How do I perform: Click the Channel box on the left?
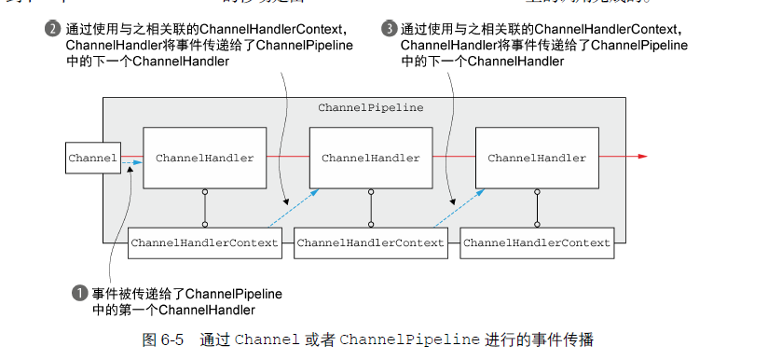pos(92,158)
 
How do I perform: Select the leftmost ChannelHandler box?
pos(204,159)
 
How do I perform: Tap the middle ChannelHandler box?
pos(370,159)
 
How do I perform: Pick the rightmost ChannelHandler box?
pos(537,159)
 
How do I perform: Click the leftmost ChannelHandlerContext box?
pos(204,242)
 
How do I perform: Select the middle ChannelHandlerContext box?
pos(370,242)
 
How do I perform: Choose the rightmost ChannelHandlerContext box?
pos(537,242)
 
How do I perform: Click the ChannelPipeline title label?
pos(370,108)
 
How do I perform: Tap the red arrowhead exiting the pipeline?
pos(641,157)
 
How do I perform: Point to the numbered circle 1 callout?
pos(79,293)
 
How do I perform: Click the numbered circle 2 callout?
pos(52,29)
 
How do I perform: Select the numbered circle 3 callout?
pos(389,29)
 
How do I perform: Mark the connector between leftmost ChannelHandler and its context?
pos(204,208)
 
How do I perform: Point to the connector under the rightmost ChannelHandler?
pos(537,208)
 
